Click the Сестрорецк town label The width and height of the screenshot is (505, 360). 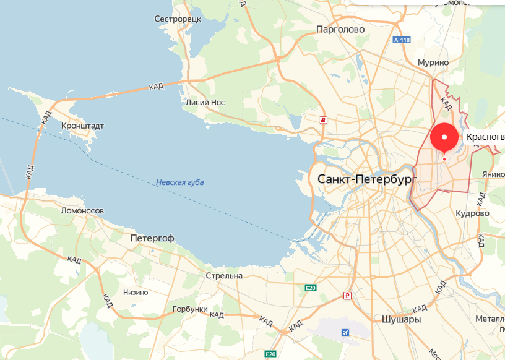(x=178, y=19)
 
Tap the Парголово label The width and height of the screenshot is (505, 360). (x=340, y=29)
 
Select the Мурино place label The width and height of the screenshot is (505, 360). (x=433, y=62)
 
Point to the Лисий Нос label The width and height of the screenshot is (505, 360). (x=205, y=103)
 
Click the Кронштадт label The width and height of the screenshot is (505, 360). (x=83, y=126)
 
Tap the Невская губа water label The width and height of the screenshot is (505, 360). (x=179, y=182)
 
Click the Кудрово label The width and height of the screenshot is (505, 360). (x=472, y=213)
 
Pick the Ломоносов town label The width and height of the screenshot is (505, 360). (x=82, y=210)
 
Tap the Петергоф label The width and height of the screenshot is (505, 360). (x=152, y=238)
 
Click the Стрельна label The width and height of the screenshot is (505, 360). (x=224, y=276)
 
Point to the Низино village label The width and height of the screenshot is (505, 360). (x=136, y=293)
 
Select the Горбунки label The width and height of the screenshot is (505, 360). (x=189, y=309)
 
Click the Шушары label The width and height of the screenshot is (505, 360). (x=397, y=320)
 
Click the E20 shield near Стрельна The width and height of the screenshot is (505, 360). (x=311, y=288)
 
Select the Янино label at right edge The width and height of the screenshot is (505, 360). (x=493, y=174)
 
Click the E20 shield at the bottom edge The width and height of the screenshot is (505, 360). (x=270, y=354)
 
